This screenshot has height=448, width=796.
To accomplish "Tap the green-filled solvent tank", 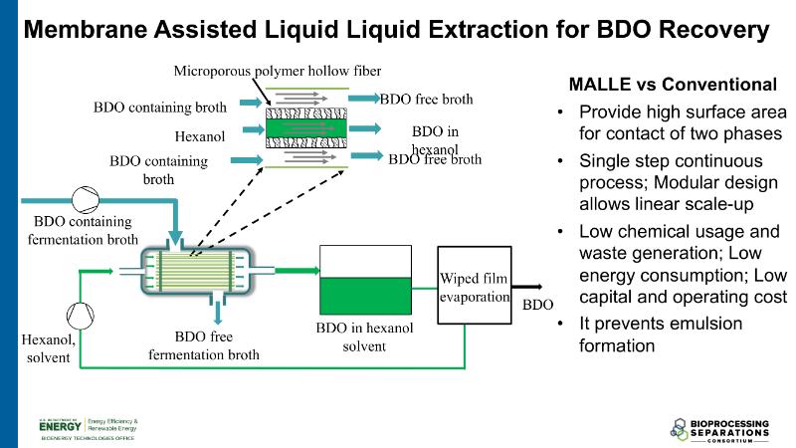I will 363,295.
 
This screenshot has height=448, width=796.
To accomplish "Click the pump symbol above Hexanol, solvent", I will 79,315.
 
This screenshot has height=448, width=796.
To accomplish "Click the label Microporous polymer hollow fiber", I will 278,71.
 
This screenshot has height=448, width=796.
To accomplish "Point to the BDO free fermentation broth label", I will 204,345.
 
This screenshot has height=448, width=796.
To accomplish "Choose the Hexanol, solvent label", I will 47,348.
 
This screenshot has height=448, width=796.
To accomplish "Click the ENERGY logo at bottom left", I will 62,425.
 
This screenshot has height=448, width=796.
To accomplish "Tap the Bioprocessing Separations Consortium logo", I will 721,427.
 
